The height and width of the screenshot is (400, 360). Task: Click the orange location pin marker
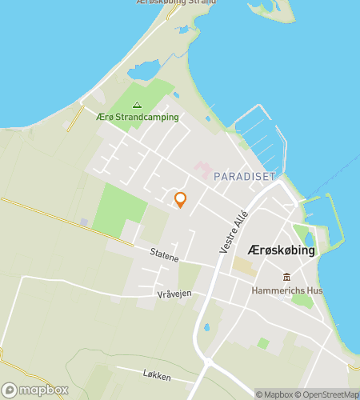click(180, 200)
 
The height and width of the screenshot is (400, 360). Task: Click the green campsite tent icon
click(136, 104)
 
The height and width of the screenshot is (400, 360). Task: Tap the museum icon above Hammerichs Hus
click(286, 278)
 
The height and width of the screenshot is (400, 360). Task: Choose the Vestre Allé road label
click(234, 231)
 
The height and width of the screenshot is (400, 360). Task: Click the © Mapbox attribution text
click(274, 394)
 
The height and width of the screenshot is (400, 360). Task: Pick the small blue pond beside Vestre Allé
click(206, 326)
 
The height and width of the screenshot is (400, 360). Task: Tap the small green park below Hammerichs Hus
click(302, 301)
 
